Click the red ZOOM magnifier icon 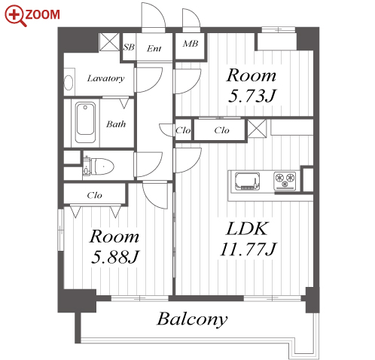click(x=16, y=16)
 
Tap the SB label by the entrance click(x=129, y=47)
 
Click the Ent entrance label click(x=154, y=48)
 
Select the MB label click(x=191, y=44)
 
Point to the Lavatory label click(x=105, y=78)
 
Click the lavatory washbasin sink click(x=69, y=82)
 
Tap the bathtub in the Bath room click(x=85, y=122)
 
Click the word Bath click(x=116, y=124)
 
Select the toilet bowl click(x=102, y=166)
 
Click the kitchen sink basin click(x=247, y=182)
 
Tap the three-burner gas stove click(x=285, y=181)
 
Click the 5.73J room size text click(x=252, y=96)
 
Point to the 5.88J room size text click(x=115, y=257)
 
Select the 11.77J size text click(x=248, y=249)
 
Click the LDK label click(x=247, y=228)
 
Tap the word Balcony click(x=192, y=319)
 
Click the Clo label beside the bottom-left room click(x=94, y=195)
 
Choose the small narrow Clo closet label click(x=183, y=130)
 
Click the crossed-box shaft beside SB click(x=109, y=42)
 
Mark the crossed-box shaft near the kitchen click(x=257, y=128)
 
